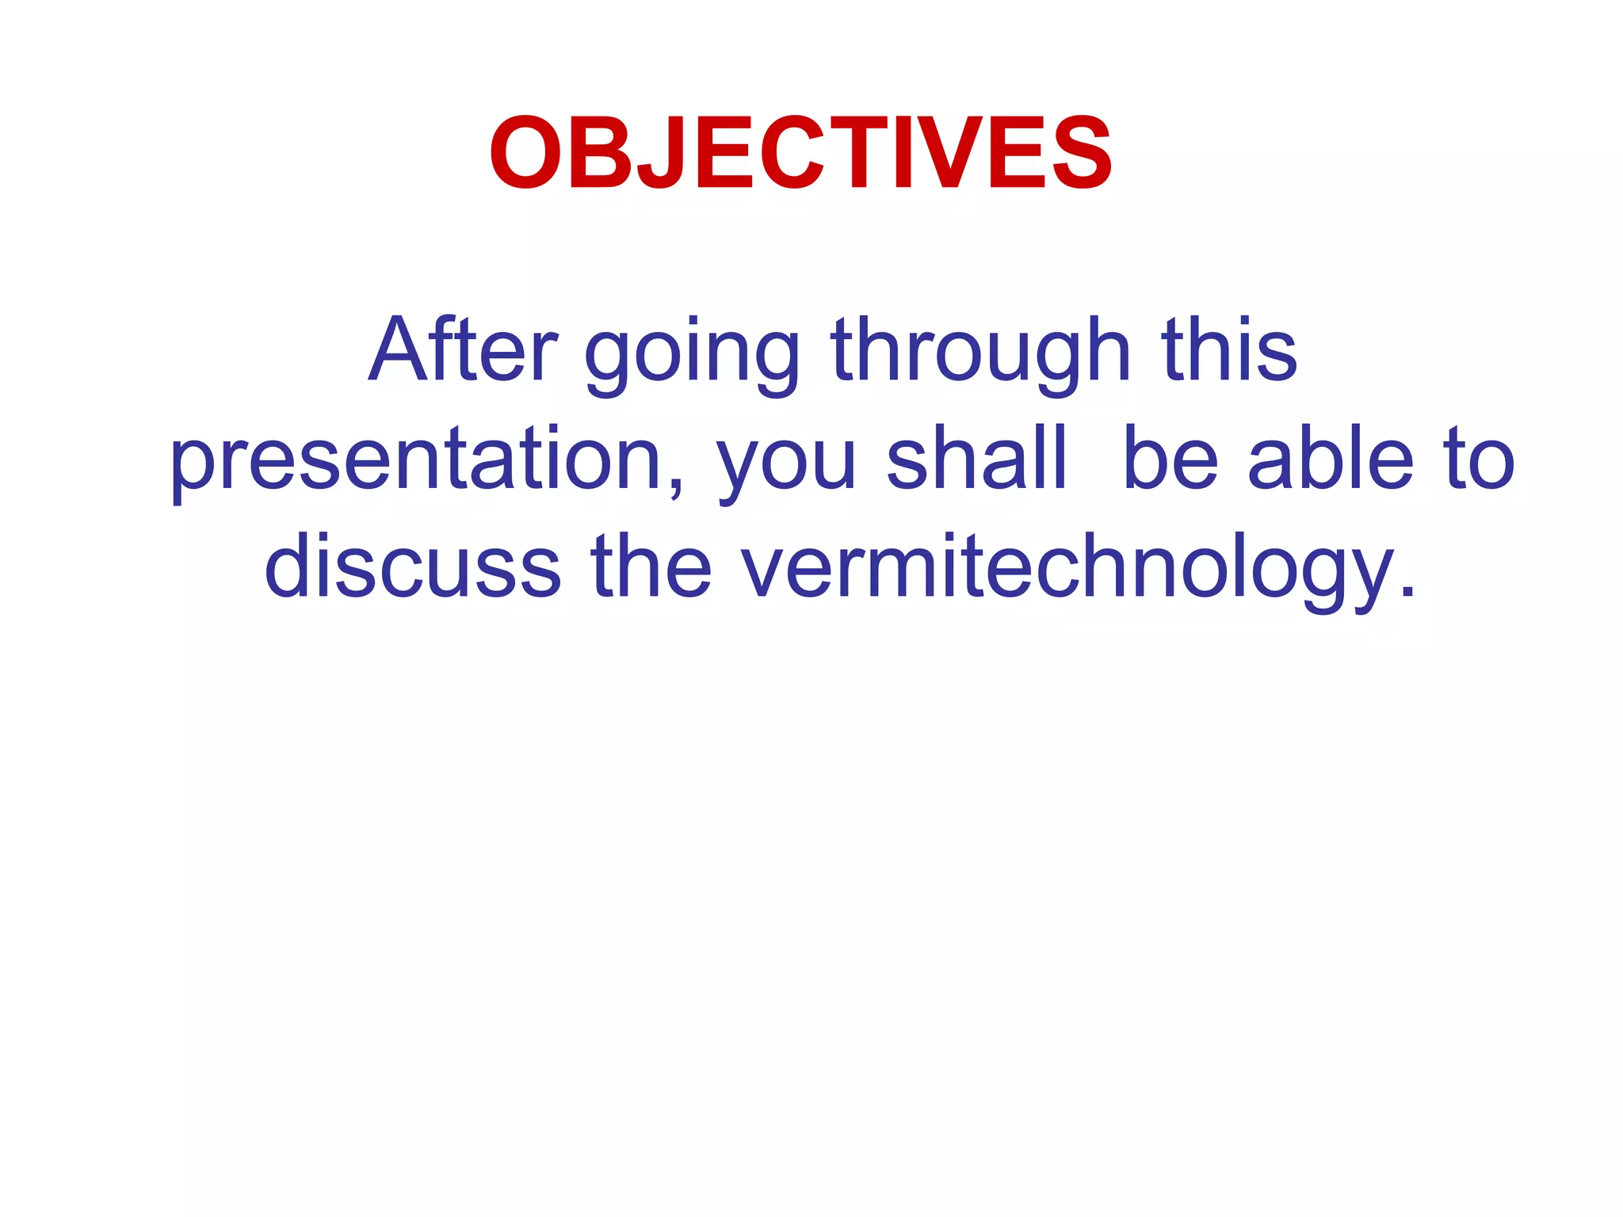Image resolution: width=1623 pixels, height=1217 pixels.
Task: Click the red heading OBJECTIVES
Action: click(x=800, y=153)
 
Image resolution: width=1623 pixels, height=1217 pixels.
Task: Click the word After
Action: click(x=464, y=349)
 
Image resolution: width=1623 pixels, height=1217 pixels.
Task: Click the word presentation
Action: click(x=416, y=460)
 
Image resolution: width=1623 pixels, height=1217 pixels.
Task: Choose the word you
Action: click(x=785, y=467)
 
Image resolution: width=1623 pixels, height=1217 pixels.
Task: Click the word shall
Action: click(x=976, y=458)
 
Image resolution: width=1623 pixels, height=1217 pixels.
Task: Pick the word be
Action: click(x=1170, y=458)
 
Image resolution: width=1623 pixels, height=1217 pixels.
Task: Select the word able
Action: click(x=1331, y=458)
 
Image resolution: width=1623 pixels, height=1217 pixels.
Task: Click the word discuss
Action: click(x=412, y=567)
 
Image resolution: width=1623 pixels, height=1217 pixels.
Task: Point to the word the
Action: click(x=651, y=567)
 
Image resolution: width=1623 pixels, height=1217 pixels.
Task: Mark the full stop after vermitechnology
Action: click(x=1407, y=591)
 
